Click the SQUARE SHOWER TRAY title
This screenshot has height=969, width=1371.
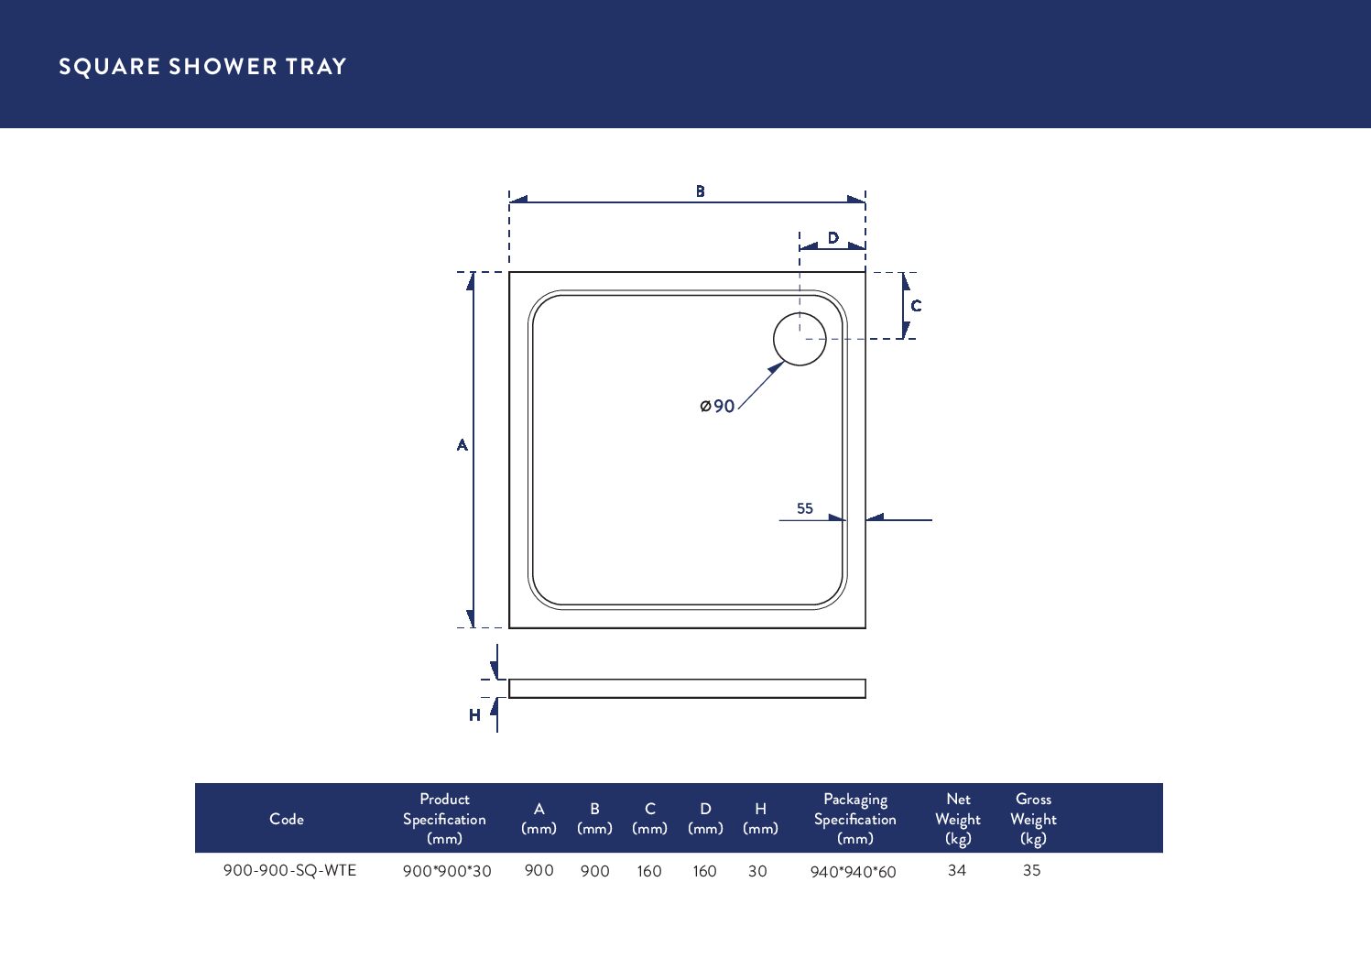(x=202, y=67)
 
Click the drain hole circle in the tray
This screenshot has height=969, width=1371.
(x=800, y=339)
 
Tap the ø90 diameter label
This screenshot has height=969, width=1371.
(x=717, y=406)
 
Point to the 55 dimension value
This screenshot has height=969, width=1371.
(x=805, y=508)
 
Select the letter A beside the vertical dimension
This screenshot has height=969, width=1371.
(x=462, y=445)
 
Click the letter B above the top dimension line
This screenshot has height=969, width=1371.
(x=701, y=191)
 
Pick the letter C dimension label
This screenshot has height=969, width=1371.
(x=916, y=306)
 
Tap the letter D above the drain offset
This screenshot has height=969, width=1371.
(x=833, y=238)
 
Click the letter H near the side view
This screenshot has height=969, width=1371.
(x=474, y=715)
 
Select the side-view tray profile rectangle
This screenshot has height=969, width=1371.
(x=687, y=689)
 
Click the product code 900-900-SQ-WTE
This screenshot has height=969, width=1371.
(x=289, y=870)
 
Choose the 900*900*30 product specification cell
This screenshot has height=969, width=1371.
(x=447, y=871)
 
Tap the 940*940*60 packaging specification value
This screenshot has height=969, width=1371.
(x=853, y=872)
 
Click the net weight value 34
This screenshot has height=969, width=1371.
(x=957, y=870)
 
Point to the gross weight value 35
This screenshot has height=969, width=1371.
(x=1032, y=870)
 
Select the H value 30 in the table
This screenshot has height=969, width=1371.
(x=757, y=871)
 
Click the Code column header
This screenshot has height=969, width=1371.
(x=287, y=819)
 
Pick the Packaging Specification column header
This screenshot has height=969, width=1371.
(x=855, y=819)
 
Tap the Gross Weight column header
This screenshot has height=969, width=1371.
(x=1033, y=819)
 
